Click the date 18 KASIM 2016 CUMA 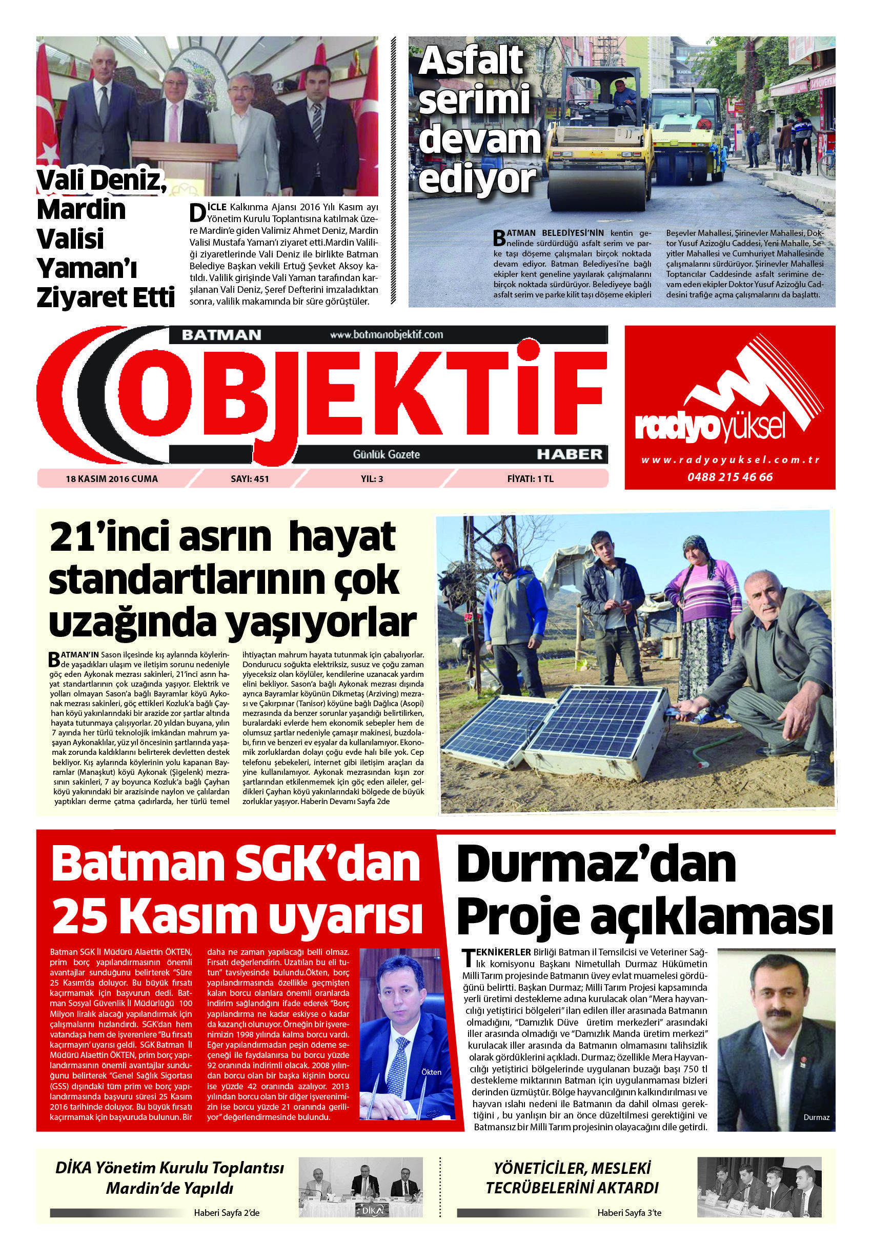coord(111,478)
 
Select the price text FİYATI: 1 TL coord(530,478)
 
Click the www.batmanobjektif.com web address coord(387,334)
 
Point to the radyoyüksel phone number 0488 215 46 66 coord(731,477)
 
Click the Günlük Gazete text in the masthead coord(387,453)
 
